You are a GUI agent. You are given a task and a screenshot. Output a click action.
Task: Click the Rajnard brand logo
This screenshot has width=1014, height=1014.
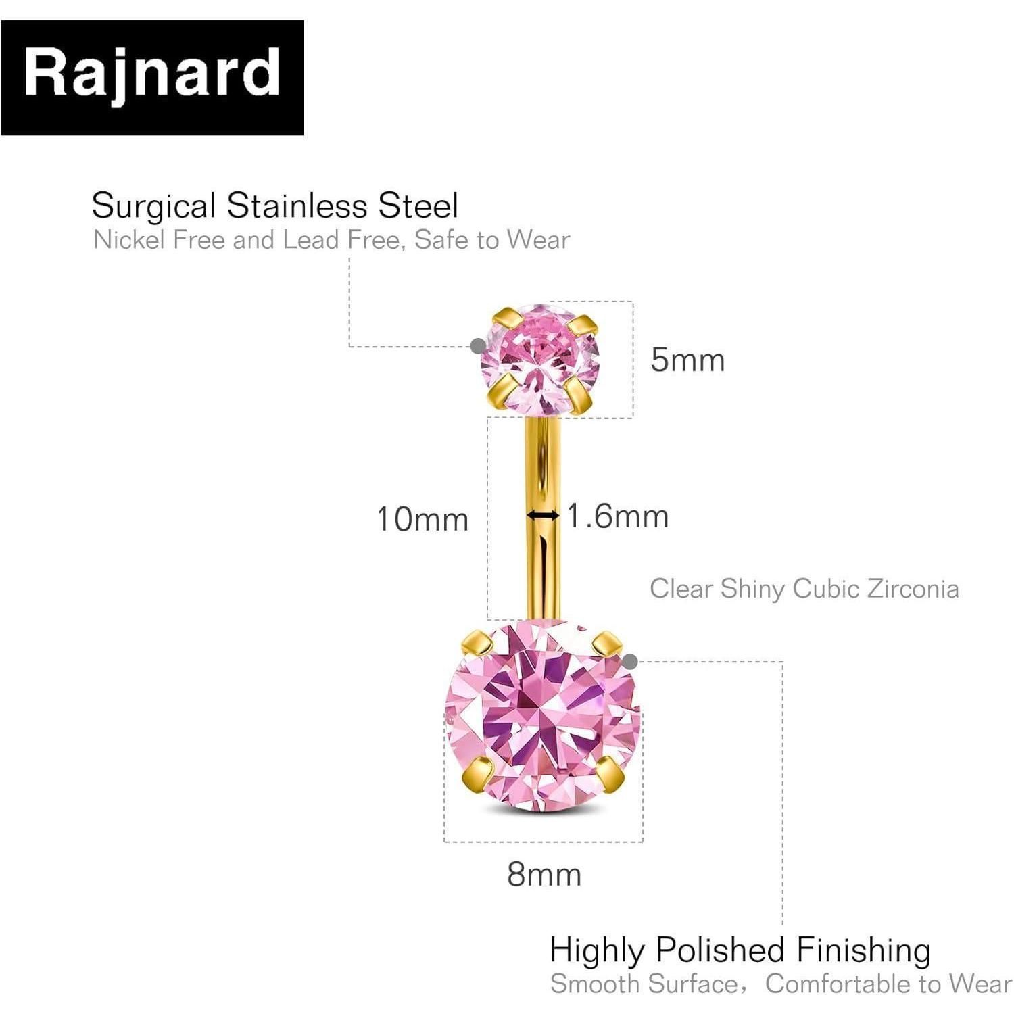152,78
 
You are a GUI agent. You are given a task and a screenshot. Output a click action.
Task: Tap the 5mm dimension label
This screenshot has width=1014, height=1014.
687,360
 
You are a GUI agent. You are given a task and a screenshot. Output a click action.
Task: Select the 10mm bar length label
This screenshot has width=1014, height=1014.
422,519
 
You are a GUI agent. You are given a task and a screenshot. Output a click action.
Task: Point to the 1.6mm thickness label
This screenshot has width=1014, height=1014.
617,516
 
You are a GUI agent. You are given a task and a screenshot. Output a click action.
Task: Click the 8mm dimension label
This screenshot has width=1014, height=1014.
544,874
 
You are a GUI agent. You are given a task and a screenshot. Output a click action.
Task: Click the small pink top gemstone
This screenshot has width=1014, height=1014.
539,360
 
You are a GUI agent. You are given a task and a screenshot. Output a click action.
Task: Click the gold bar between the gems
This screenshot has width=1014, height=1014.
543,518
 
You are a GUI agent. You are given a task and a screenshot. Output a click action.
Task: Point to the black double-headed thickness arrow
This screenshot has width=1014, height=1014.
544,516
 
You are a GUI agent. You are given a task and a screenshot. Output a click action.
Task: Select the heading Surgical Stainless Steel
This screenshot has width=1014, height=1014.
275,206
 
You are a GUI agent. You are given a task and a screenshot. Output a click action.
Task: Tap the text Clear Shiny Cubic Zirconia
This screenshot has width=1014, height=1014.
804,589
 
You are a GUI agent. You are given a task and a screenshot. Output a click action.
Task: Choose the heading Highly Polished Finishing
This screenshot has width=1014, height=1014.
740,950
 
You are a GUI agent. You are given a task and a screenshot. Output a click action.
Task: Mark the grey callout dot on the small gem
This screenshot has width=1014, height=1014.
478,345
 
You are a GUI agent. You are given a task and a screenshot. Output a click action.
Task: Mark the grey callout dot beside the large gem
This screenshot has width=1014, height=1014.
630,661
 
